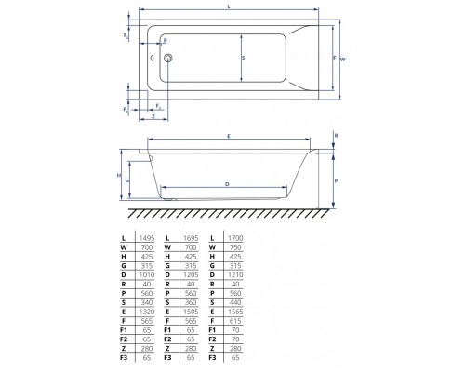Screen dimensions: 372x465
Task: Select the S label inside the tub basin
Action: [x=243, y=58]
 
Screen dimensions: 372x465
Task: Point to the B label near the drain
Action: [x=166, y=41]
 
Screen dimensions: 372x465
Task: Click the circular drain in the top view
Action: [x=167, y=58]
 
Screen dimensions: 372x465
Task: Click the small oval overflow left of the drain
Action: [x=152, y=58]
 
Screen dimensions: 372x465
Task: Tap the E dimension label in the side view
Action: [x=228, y=137]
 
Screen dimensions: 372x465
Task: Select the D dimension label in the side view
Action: [x=228, y=183]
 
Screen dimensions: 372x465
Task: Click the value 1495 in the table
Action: [x=145, y=237]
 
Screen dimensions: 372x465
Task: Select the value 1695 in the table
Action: [x=191, y=237]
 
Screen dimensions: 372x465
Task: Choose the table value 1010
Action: [x=145, y=276]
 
